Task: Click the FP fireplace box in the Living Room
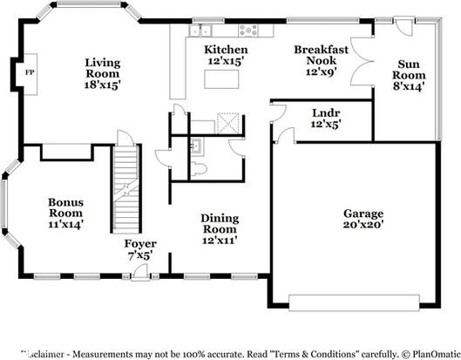pyautogui.click(x=28, y=71)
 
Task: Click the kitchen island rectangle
pyautogui.click(x=221, y=79)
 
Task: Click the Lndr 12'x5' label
pyautogui.click(x=326, y=118)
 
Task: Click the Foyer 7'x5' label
pyautogui.click(x=139, y=250)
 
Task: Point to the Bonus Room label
pyautogui.click(x=65, y=213)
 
